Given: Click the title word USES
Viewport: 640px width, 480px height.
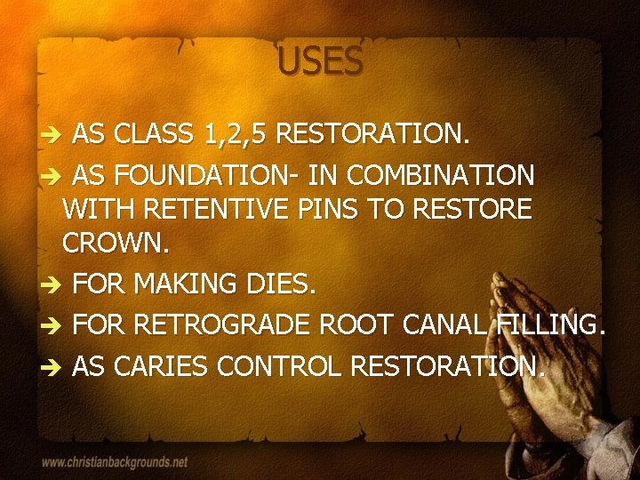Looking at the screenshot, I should (320, 62).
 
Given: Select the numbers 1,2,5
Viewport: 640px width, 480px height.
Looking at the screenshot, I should (235, 134).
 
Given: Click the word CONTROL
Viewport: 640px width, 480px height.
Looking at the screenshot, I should (287, 364).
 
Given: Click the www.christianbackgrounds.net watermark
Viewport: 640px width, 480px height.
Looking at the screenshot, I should (115, 462).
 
